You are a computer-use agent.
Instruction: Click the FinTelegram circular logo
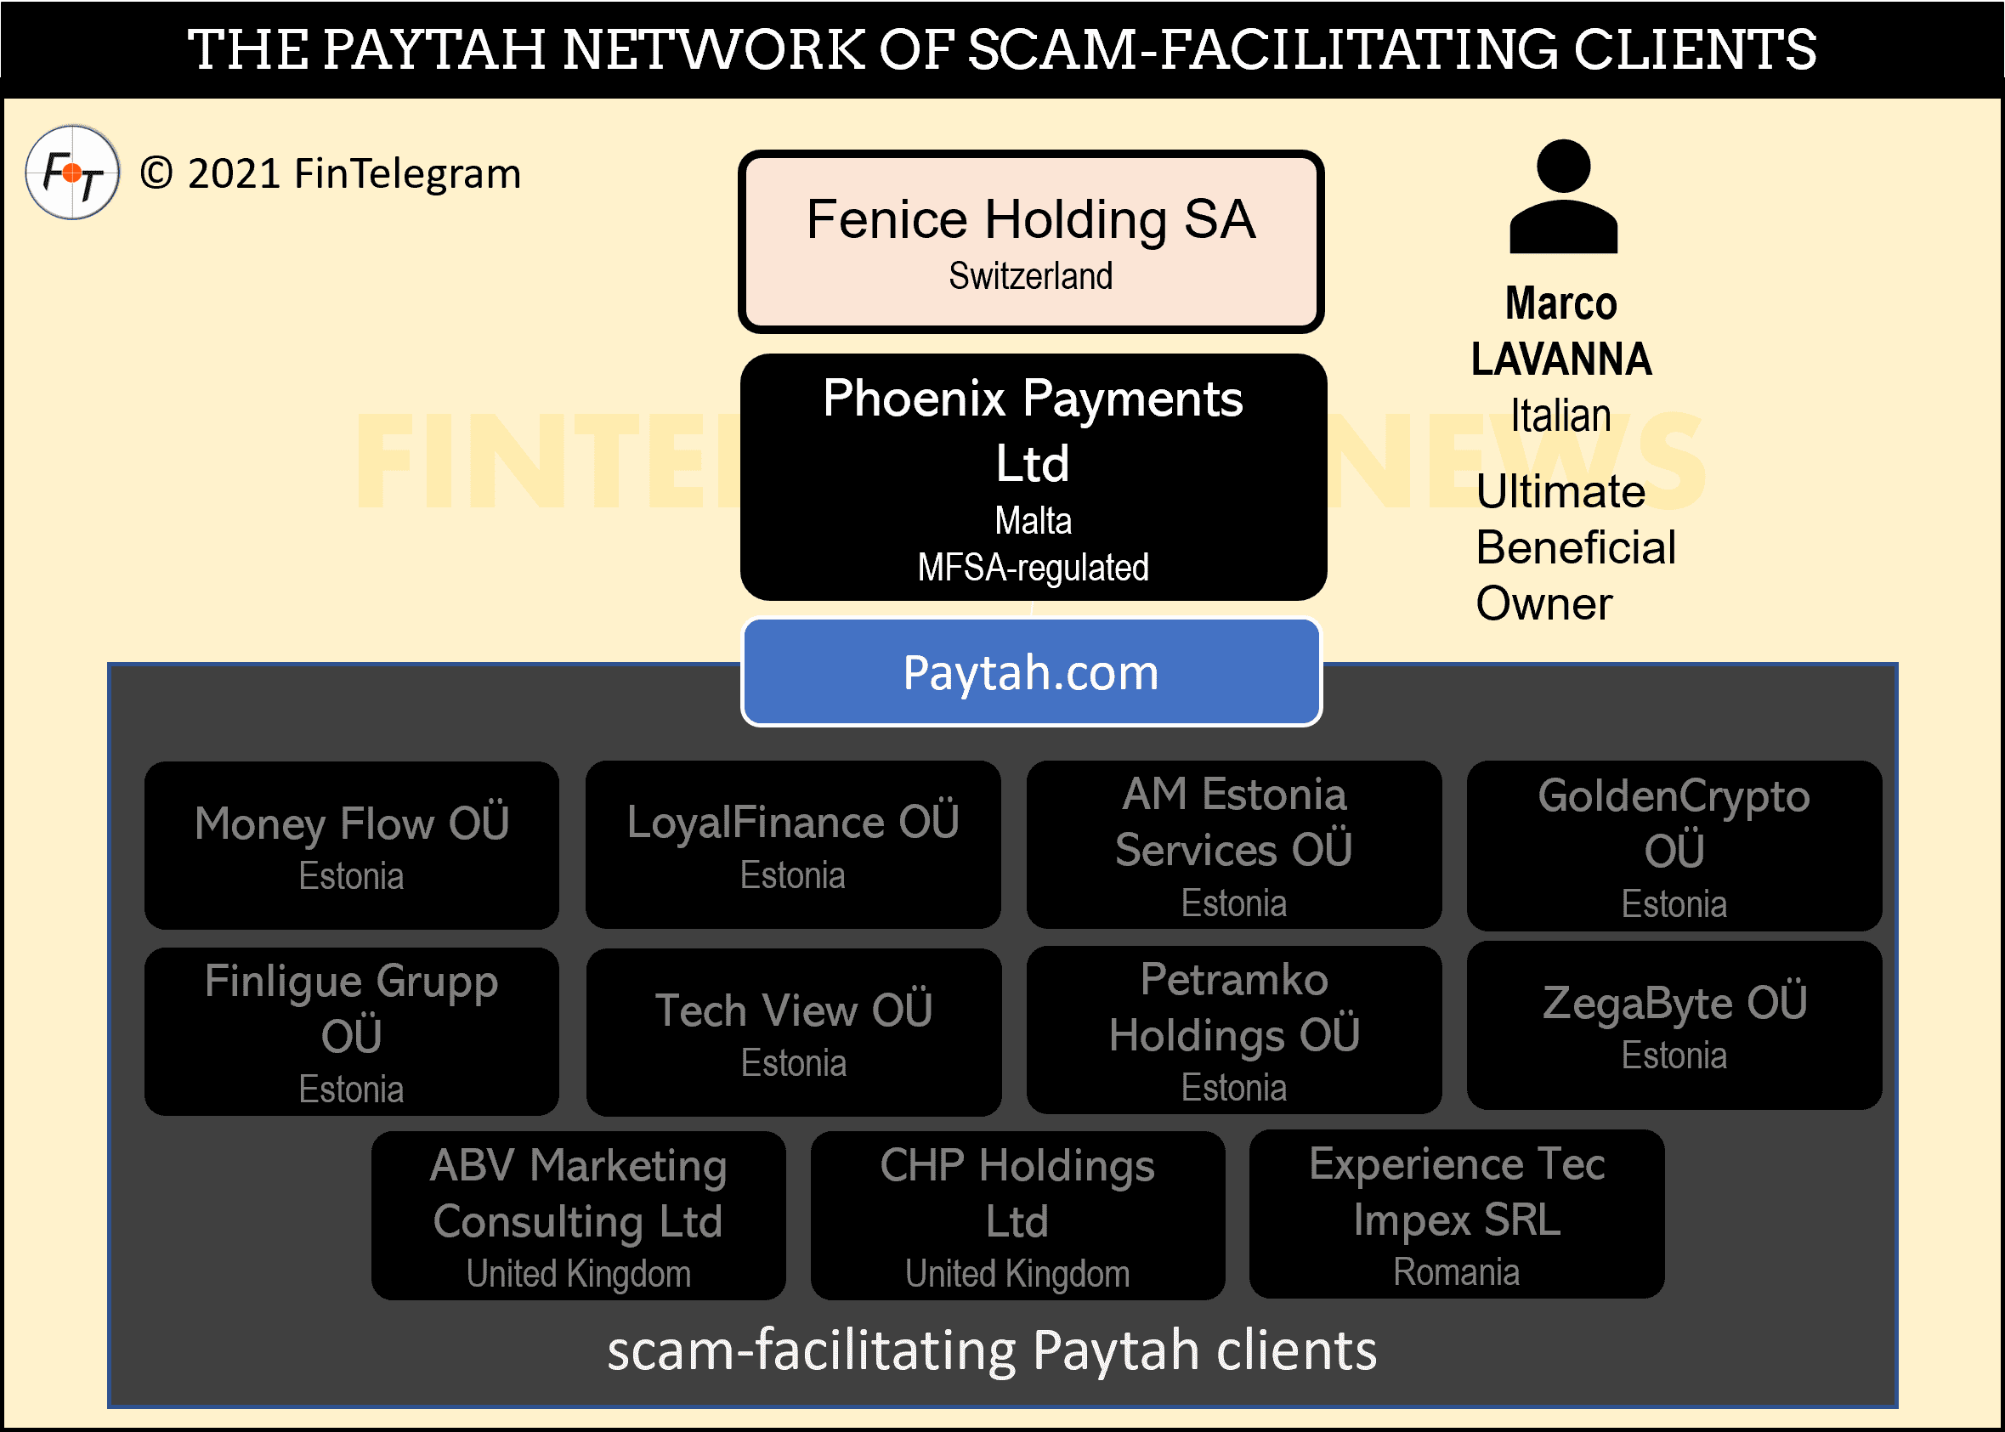(72, 173)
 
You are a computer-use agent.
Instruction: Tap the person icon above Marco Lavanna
(1562, 198)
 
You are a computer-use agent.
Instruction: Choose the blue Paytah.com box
(1031, 673)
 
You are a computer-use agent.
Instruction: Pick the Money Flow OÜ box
(351, 845)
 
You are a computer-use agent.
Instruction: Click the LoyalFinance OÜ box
(793, 845)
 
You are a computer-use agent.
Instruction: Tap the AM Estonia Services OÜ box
(1233, 845)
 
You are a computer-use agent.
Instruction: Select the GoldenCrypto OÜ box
(1674, 845)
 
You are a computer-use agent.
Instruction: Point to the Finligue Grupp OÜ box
(351, 1031)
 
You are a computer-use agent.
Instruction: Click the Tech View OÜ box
(793, 1031)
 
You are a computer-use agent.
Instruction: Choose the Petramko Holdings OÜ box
(1233, 1029)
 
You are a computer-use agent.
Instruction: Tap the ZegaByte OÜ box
(1674, 1025)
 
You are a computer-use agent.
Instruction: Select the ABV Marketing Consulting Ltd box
(579, 1215)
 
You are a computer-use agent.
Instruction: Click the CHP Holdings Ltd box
(1017, 1215)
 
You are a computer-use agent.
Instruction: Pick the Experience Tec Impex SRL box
(1457, 1214)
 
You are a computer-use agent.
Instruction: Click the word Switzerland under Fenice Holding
(1030, 276)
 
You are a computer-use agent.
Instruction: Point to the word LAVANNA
(1560, 359)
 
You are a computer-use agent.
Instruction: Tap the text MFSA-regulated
(1033, 568)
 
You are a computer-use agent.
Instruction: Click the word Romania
(1457, 1271)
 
